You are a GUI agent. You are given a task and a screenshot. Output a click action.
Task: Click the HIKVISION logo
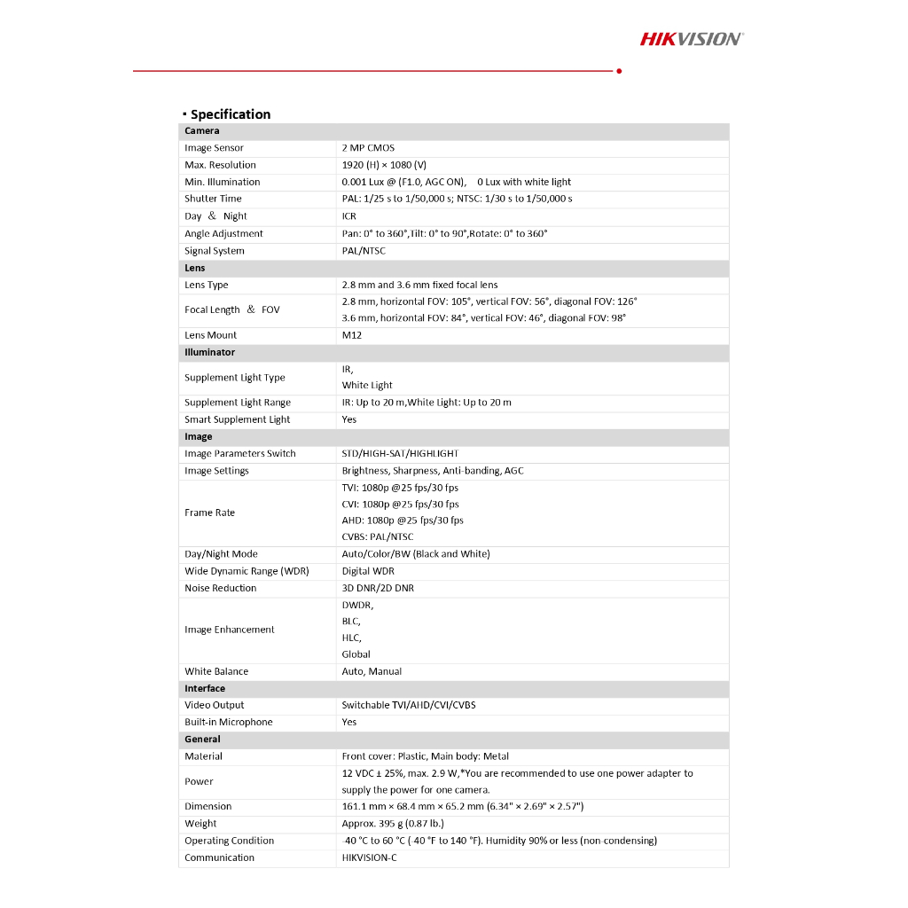(x=692, y=38)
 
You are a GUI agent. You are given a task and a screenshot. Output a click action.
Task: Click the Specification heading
(x=230, y=114)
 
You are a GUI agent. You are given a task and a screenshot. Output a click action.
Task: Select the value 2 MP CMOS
(x=368, y=148)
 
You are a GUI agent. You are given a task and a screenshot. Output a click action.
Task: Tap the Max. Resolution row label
(x=220, y=165)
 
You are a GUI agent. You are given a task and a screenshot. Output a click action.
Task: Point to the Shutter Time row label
(x=213, y=199)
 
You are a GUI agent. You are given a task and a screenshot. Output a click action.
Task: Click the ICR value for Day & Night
(x=349, y=216)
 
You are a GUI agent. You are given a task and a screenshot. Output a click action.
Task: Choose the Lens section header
(x=194, y=268)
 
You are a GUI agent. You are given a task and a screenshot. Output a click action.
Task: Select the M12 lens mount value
(x=351, y=335)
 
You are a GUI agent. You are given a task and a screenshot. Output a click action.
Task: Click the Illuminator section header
(x=209, y=352)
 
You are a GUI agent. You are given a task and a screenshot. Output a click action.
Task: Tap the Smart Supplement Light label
(x=237, y=419)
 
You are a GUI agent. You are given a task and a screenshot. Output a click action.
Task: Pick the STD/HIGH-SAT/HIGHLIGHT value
(x=400, y=453)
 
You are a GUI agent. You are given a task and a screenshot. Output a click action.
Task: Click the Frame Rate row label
(x=209, y=513)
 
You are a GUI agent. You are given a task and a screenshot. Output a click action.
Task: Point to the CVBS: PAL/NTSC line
(x=378, y=536)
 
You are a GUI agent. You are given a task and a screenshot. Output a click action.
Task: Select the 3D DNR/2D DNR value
(x=378, y=588)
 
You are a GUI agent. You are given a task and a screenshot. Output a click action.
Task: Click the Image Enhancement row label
(x=229, y=630)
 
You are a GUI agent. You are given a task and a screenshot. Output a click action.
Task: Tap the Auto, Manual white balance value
(x=372, y=671)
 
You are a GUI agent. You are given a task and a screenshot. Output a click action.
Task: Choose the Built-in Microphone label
(x=228, y=722)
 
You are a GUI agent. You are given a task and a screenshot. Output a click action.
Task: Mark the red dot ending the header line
(x=618, y=71)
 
